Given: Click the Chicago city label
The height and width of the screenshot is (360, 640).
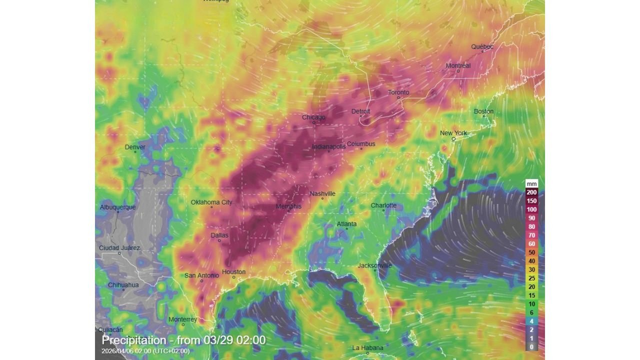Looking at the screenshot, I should pos(313,117).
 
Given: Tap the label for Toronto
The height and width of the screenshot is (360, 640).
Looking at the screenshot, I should pos(398,92).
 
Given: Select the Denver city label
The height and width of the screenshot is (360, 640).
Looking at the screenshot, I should pos(135,147).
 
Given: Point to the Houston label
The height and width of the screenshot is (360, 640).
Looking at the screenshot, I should pos(233,272).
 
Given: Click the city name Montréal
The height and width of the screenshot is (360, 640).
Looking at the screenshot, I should pos(458,65).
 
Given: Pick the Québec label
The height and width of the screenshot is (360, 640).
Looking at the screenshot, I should pos(482,46).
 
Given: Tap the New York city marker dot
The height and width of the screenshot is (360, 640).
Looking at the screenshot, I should pos(453,139).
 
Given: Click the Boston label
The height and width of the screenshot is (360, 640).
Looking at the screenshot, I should pos(483,111).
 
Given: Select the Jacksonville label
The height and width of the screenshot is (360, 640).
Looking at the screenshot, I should pos(374,265).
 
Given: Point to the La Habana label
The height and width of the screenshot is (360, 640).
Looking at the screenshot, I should pos(367,347).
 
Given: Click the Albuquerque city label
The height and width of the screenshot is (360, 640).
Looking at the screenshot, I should pos(117,207).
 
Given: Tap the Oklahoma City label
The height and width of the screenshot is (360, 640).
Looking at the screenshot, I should pos(211,202).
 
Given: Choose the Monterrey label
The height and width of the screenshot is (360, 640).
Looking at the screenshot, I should pos(183,319).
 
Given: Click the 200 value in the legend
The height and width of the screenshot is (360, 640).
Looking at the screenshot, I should pos(531,192).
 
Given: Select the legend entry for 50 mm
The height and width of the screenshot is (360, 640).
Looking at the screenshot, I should pos(531,252).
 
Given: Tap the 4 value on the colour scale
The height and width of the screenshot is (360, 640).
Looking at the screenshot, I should pos(531,321).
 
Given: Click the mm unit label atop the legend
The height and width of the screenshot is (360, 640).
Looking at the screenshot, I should pos(531,183).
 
